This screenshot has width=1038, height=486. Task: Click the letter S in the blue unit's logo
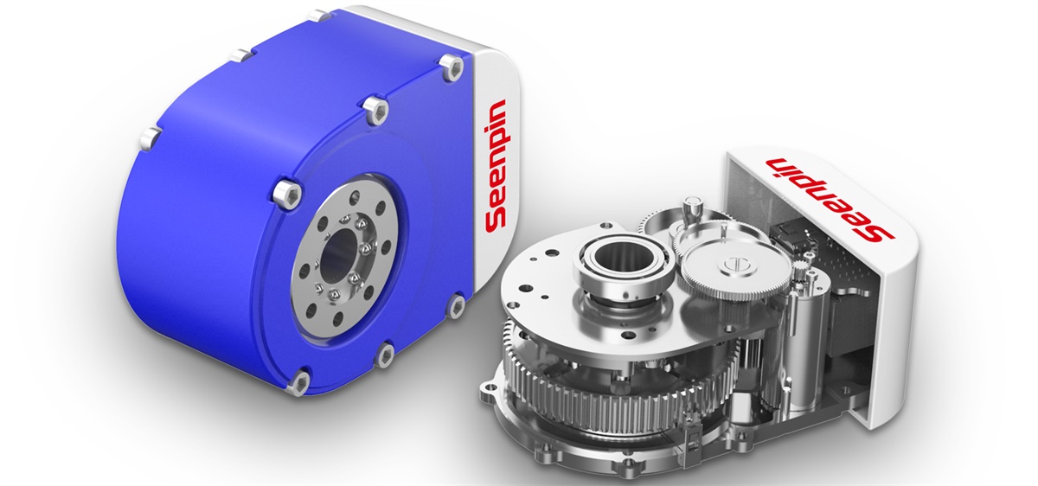tap(495, 221)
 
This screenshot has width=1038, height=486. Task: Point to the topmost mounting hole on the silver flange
tap(355, 196)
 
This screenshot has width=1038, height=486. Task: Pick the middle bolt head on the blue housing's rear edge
tap(243, 56)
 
